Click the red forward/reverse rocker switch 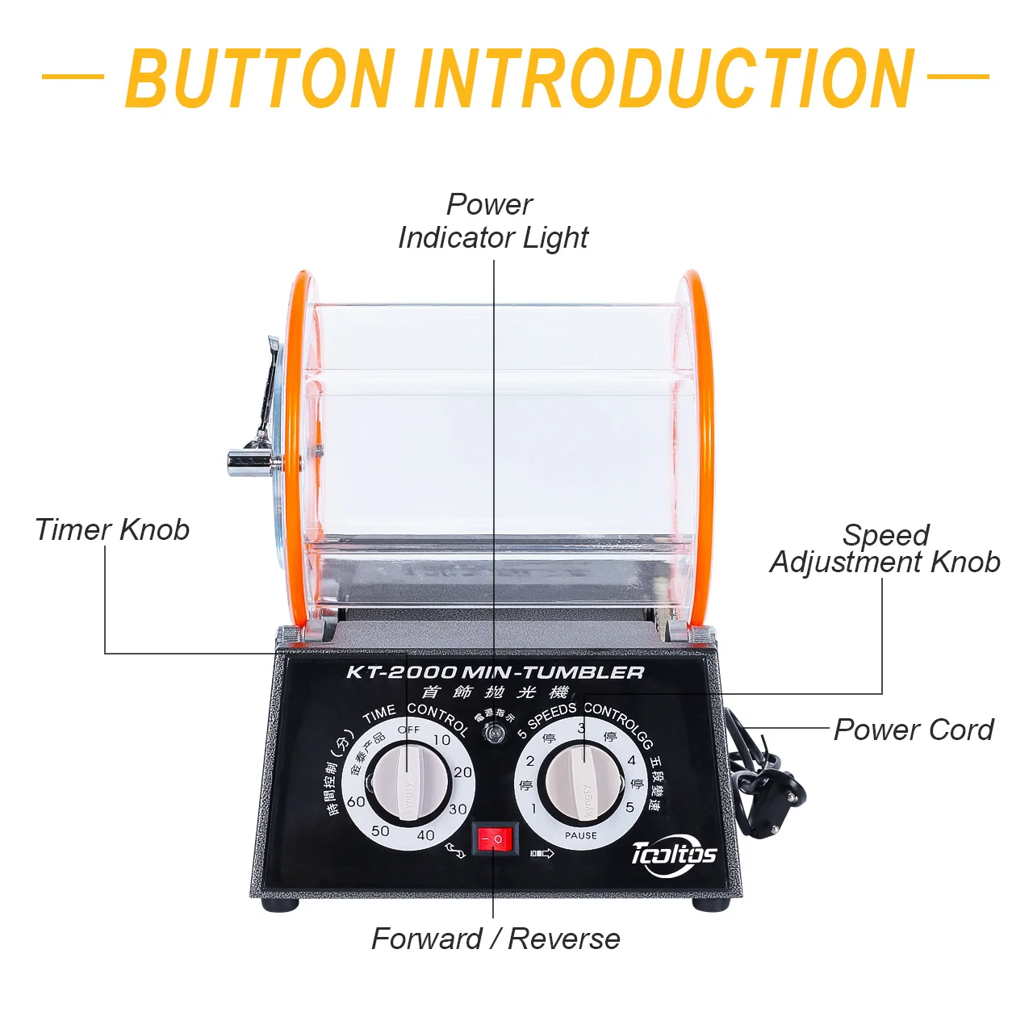[x=494, y=839]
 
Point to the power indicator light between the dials [x=492, y=734]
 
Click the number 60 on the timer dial [x=356, y=801]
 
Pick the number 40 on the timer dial [x=425, y=835]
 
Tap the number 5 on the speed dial [x=629, y=807]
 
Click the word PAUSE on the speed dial [x=581, y=835]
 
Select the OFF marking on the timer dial [x=409, y=730]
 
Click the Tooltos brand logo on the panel [x=674, y=853]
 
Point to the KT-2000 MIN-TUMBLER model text [x=496, y=672]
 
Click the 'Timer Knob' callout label [x=112, y=529]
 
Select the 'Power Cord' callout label [x=913, y=730]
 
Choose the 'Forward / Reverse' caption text [x=496, y=939]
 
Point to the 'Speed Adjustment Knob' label [x=885, y=549]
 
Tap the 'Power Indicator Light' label [x=492, y=221]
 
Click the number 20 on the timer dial [x=462, y=772]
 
